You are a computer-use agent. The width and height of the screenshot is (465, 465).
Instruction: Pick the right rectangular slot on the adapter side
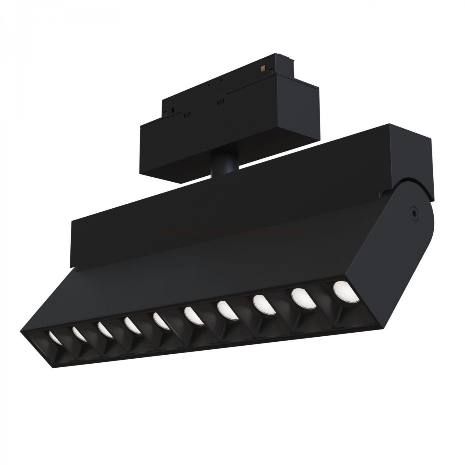point(221,101)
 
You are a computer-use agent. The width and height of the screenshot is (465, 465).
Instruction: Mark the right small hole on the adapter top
point(221,80)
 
